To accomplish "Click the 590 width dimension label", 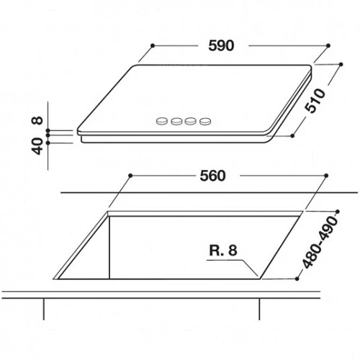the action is click(x=221, y=45).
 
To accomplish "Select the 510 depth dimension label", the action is click(x=315, y=101).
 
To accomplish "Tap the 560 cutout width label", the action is click(x=212, y=176).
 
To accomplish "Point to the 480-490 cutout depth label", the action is click(x=320, y=242).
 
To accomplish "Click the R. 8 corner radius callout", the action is click(x=223, y=250).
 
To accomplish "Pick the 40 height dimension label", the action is click(x=37, y=146).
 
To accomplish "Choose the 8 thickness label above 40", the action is click(x=37, y=120).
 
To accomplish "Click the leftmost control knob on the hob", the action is click(x=161, y=121).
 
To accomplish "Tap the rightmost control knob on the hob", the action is click(x=205, y=122).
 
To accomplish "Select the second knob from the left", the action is click(x=176, y=122).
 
